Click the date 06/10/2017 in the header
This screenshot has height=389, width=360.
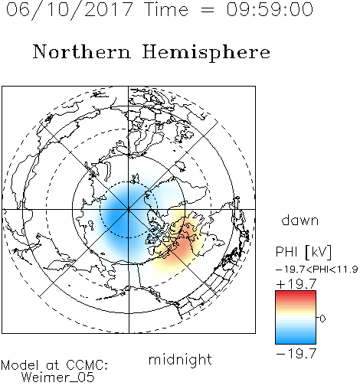pos(69,9)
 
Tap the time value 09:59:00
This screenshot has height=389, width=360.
pos(270,9)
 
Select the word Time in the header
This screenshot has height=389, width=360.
pos(166,9)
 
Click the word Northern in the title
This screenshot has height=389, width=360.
pos(82,51)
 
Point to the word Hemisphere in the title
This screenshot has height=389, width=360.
pos(206,53)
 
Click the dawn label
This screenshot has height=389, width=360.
pos(300,220)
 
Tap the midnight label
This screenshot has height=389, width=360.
pos(180,359)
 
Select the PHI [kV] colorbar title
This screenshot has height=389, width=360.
pos(303,252)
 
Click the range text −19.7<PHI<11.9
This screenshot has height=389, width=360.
pos(316,270)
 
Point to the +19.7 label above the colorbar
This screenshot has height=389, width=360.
pos(296,284)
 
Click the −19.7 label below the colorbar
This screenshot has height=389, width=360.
pos(296,354)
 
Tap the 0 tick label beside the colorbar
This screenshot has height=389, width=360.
pos(322,319)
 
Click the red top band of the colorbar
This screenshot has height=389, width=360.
pos(296,293)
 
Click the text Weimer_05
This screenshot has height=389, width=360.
pos(58,378)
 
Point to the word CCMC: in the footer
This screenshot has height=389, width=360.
pos(87,365)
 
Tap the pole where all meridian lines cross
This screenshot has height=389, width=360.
pos(129,209)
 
